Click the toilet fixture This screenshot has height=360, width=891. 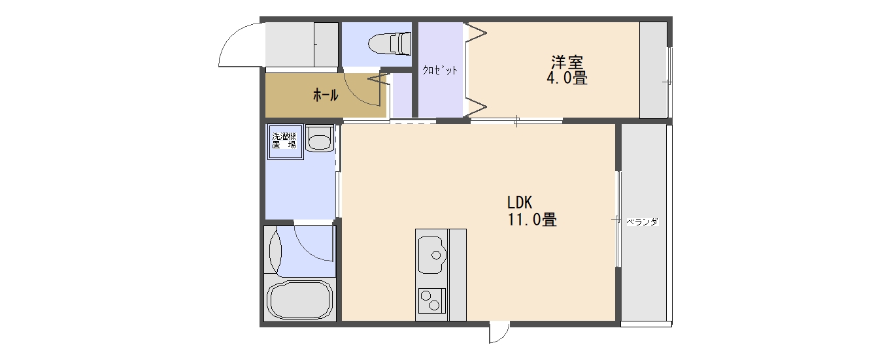pos(390,43)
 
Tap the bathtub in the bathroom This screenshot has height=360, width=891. pos(300,300)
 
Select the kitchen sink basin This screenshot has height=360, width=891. pos(431,255)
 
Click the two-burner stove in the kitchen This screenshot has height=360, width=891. pos(431,301)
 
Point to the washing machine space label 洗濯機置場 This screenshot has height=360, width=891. pos(284,140)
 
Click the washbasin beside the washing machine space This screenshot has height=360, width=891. pos(320,139)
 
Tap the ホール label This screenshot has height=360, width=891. pos(326,95)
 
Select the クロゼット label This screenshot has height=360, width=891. pos(440,71)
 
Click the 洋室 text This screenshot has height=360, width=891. pos(567,62)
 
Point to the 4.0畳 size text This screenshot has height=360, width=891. pos(567,78)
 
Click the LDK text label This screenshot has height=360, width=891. pos(520,203)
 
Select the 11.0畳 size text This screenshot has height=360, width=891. pos(532,220)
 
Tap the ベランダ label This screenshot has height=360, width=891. pos(643,221)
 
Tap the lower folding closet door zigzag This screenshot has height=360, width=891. pos(476,106)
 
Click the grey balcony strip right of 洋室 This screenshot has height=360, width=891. pos(653,70)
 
